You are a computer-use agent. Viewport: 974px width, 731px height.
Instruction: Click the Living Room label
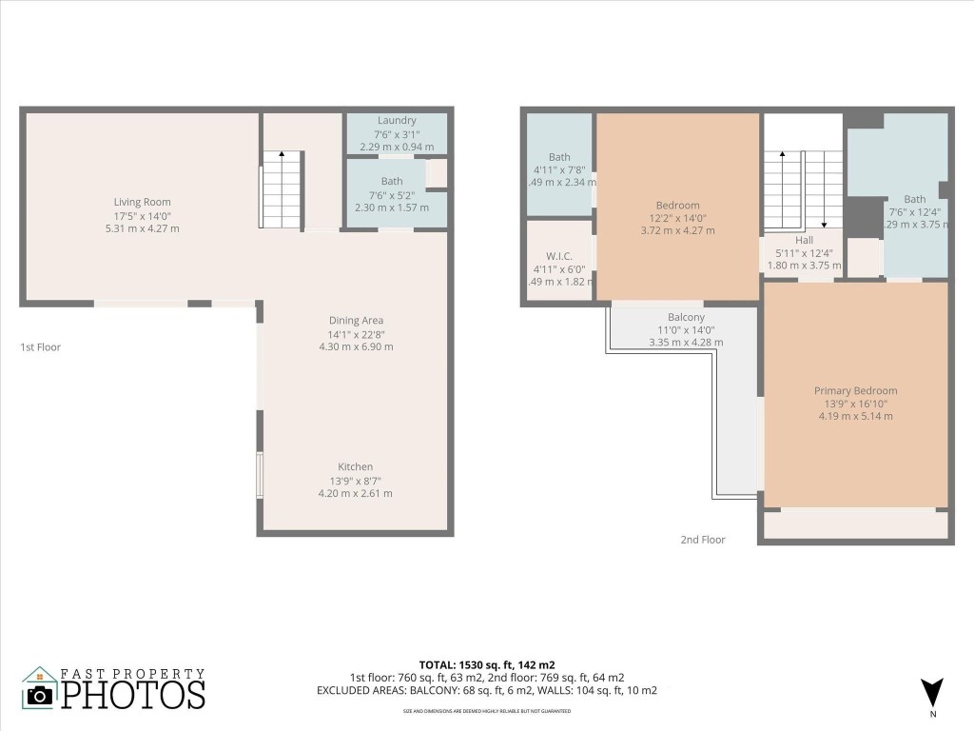143,202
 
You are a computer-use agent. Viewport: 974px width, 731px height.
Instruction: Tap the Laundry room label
397,121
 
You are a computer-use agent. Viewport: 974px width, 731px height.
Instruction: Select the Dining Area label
356,321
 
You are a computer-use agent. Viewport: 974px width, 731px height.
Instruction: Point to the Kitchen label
356,467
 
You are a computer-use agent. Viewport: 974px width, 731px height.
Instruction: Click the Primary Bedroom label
855,390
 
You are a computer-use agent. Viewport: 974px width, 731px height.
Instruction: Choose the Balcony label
686,317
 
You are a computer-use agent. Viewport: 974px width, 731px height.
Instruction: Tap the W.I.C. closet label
558,255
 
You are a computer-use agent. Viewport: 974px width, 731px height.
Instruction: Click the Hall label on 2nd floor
805,241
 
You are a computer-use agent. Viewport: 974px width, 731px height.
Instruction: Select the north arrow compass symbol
932,692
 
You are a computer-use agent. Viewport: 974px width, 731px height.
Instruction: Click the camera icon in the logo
40,695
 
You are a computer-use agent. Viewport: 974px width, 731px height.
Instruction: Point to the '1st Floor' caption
41,347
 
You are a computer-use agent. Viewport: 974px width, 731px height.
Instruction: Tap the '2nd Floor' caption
702,540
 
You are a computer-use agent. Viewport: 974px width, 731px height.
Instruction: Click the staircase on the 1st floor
282,189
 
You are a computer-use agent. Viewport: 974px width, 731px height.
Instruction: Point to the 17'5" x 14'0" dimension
143,215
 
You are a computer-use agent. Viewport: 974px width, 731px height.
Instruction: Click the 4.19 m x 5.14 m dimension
855,416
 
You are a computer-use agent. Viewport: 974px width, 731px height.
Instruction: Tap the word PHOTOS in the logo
133,694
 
